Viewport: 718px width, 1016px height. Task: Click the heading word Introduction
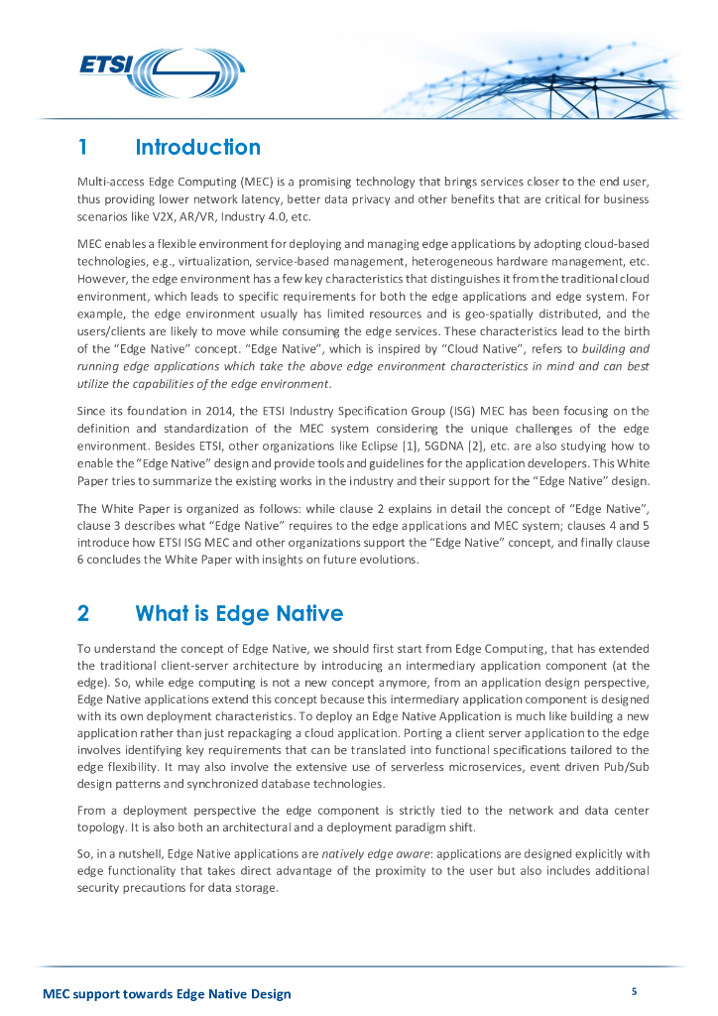click(197, 148)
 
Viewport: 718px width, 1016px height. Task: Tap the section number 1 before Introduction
click(84, 148)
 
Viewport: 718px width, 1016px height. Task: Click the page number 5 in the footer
click(634, 991)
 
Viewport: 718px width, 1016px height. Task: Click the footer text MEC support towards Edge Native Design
click(167, 994)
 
